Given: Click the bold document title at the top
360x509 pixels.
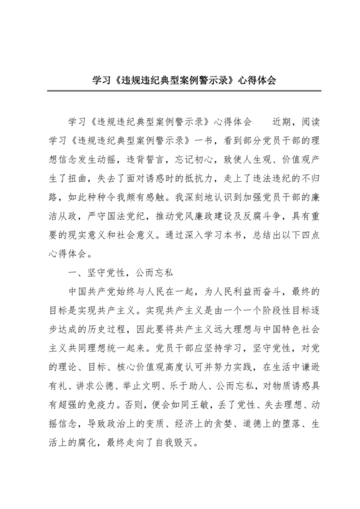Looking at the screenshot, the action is point(180,82).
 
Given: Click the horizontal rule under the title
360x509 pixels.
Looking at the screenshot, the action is point(180,93).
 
